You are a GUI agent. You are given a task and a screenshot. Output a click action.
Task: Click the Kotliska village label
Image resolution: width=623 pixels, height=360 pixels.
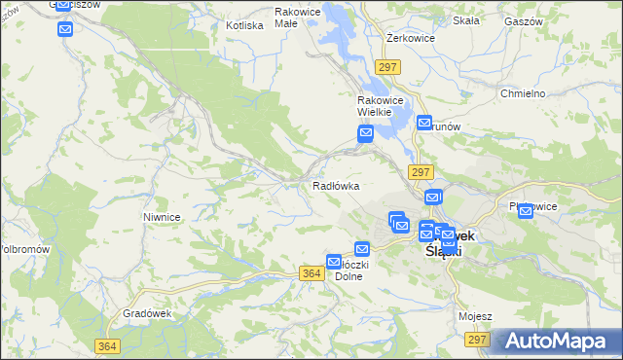244,25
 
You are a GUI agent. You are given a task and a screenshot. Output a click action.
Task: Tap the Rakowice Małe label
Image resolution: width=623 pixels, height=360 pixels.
299,18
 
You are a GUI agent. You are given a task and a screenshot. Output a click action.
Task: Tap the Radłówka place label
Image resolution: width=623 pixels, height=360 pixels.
336,185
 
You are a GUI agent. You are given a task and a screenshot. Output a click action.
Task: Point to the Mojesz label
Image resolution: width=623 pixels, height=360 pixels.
475,316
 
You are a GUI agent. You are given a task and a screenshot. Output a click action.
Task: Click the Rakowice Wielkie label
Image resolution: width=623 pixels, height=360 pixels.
374,106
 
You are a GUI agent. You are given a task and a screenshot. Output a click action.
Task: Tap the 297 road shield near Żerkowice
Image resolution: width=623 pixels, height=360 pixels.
387,66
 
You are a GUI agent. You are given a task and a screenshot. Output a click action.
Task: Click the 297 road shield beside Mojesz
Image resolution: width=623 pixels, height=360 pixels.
477,339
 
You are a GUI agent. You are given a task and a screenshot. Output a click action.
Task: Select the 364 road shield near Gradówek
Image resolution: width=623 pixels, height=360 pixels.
108,345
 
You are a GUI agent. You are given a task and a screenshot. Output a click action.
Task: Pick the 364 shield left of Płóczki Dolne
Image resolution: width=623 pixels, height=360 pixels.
312,274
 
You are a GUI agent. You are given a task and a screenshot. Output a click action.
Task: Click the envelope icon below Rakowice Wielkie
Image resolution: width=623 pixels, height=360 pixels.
366,134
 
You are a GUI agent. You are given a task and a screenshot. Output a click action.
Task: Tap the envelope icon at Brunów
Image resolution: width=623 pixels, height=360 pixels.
424,123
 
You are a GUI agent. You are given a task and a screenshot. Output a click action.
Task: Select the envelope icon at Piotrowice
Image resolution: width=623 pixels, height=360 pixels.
526,211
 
